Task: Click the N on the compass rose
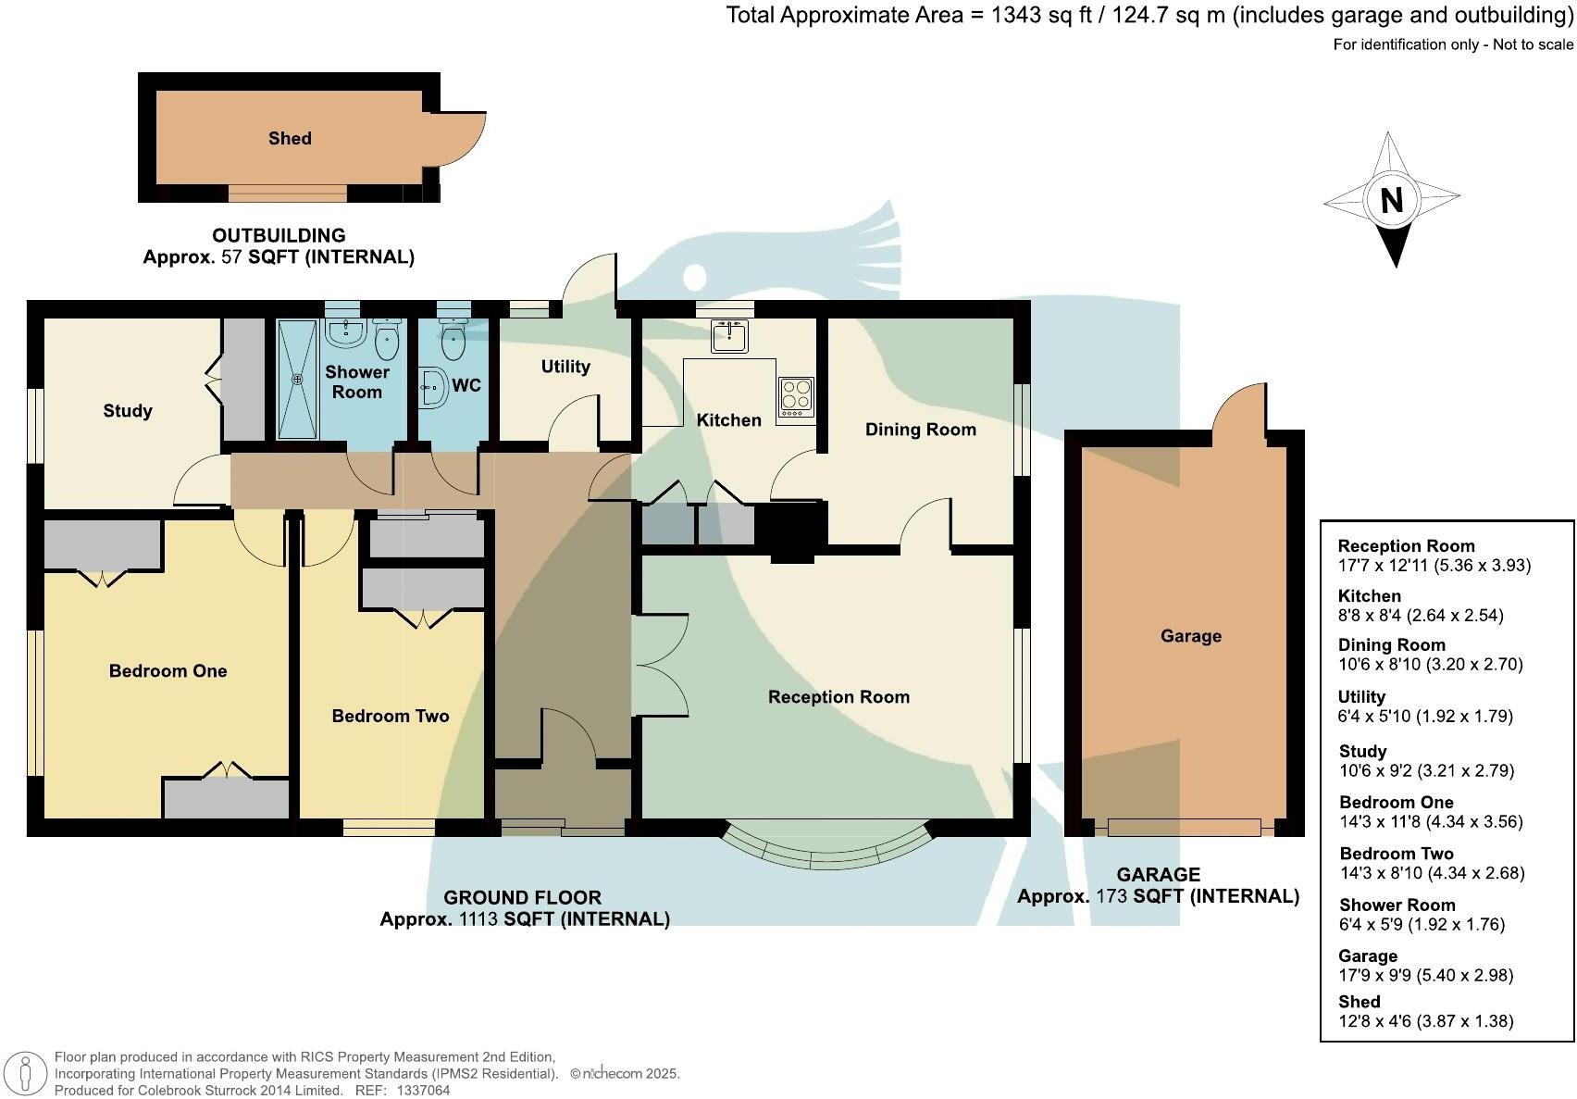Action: click(x=1391, y=200)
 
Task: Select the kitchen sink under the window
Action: click(x=729, y=336)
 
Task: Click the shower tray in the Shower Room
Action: click(x=298, y=379)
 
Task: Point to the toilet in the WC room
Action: click(x=453, y=340)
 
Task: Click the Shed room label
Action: click(x=290, y=139)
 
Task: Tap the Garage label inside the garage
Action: click(x=1190, y=636)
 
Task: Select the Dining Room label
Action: click(x=920, y=430)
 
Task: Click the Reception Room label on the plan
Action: click(x=838, y=697)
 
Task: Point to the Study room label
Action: click(x=128, y=411)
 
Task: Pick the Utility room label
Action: click(x=565, y=367)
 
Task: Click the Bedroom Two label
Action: click(x=390, y=717)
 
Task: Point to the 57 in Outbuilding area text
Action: click(x=230, y=257)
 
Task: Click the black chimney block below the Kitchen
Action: click(x=790, y=531)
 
